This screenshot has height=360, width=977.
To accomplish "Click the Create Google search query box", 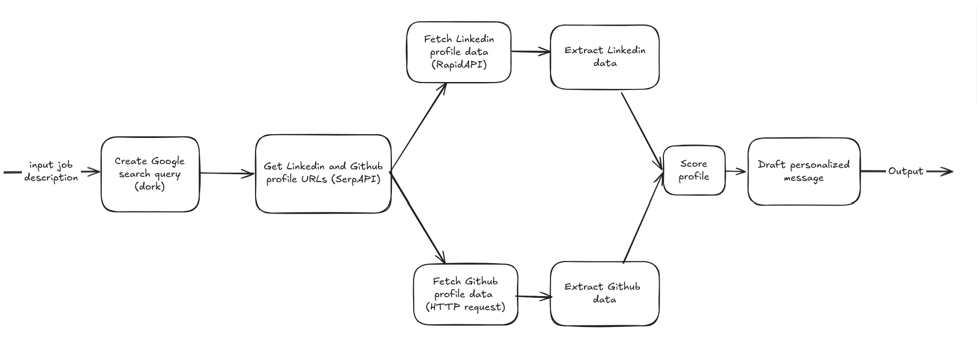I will pos(150,174).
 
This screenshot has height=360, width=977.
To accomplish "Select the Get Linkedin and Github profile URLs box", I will pos(323,174).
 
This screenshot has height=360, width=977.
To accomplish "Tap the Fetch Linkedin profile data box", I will pos(458,52).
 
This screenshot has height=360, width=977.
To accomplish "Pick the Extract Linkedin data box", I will pos(604,57).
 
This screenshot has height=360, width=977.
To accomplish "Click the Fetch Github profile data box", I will pos(465,294).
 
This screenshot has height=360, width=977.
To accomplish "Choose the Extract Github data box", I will pos(604,293).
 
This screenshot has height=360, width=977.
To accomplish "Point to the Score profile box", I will pos(694,170).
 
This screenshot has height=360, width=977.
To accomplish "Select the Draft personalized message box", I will pos(803,171).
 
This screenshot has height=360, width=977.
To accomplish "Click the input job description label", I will pos(51,171).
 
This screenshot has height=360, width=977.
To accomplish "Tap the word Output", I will pos(905,171).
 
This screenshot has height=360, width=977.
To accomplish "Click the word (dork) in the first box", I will pos(150,187).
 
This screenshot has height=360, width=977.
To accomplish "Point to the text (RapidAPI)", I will pos(458,65).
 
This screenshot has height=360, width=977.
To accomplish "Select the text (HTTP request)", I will pos(465,307).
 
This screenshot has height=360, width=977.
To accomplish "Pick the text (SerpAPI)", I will pos(356,179).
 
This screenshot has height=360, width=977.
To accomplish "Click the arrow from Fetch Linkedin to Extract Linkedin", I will pos(530,52).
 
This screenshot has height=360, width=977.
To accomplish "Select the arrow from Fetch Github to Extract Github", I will pos(534,297).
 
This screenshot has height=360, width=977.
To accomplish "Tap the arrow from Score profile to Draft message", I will pos(736,171).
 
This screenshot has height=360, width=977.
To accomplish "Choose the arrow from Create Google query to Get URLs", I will pos(227,173).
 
